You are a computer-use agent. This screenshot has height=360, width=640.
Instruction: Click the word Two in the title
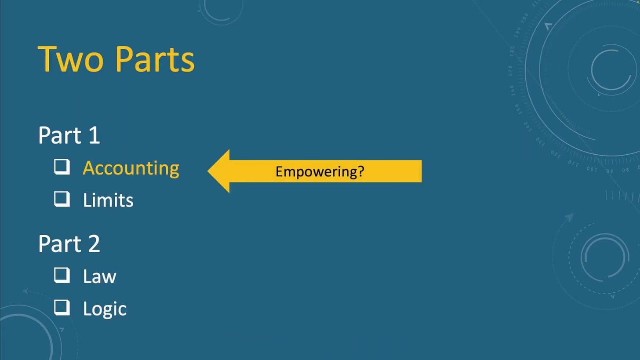pyautogui.click(x=70, y=59)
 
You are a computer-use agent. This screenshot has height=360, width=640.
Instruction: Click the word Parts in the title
pyautogui.click(x=156, y=59)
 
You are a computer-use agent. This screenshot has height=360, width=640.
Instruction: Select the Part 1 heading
pyautogui.click(x=69, y=135)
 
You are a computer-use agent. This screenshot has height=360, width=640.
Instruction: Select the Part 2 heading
pyautogui.click(x=69, y=244)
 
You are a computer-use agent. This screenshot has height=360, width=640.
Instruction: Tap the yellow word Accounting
pyautogui.click(x=131, y=169)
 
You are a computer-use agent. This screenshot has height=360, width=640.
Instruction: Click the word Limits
pyautogui.click(x=108, y=200)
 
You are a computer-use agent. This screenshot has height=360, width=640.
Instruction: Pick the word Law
pyautogui.click(x=99, y=276)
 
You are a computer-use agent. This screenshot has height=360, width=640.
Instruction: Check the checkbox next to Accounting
pyautogui.click(x=62, y=167)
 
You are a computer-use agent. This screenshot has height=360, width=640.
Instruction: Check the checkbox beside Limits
pyautogui.click(x=62, y=199)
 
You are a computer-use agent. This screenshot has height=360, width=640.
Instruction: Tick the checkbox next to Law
pyautogui.click(x=62, y=276)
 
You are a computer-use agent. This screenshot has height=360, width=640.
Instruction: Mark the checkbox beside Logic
pyautogui.click(x=62, y=307)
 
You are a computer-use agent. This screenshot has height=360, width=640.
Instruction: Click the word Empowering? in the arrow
pyautogui.click(x=320, y=172)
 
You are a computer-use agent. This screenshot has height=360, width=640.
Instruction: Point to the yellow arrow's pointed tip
pyautogui.click(x=208, y=171)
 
